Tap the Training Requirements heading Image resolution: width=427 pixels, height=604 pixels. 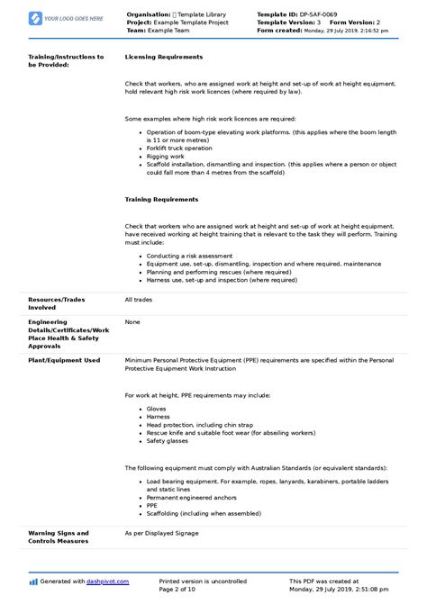161,199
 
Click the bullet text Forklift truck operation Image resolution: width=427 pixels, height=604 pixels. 180,148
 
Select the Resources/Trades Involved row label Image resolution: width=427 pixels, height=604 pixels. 59,302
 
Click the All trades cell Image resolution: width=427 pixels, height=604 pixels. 140,298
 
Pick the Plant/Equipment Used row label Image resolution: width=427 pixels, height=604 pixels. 64,360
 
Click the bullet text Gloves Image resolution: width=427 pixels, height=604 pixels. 156,408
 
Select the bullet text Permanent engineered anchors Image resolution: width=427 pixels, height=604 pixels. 191,497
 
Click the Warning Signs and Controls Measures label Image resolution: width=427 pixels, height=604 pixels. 59,536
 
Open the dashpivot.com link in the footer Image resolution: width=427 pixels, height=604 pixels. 108,581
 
